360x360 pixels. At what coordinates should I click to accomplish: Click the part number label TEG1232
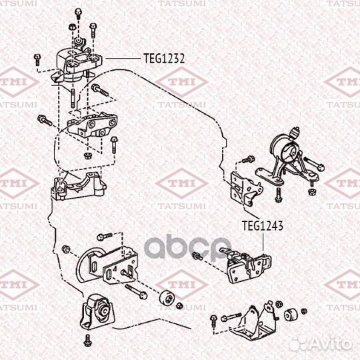click(164, 59)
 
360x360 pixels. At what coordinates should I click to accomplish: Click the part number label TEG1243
click(263, 226)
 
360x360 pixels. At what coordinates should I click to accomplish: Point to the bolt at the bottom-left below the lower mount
click(88, 341)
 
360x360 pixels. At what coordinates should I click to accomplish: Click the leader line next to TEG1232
click(123, 59)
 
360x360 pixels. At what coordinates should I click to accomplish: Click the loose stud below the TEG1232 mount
click(73, 98)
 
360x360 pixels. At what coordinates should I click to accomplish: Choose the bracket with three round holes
click(93, 125)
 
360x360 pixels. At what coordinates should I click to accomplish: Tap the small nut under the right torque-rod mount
click(311, 191)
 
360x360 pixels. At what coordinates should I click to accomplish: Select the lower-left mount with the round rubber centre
click(97, 311)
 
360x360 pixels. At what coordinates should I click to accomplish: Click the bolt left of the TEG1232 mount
click(37, 59)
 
